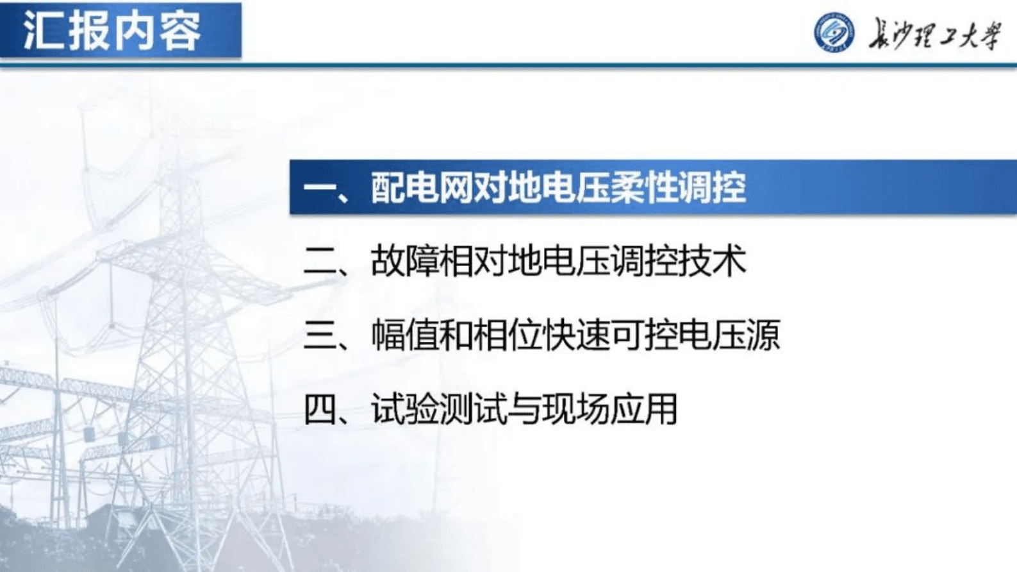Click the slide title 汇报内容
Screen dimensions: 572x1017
click(x=113, y=31)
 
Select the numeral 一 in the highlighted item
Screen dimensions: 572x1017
click(x=320, y=188)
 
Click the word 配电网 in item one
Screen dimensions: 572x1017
click(x=422, y=188)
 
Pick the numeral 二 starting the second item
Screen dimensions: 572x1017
click(x=320, y=262)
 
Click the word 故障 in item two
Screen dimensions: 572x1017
click(x=405, y=262)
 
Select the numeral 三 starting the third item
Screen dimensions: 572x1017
click(x=320, y=335)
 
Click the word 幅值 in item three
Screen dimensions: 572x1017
click(x=405, y=335)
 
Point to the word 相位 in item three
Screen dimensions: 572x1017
click(x=507, y=335)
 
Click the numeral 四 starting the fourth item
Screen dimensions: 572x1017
click(x=320, y=409)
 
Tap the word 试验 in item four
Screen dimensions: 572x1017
click(x=405, y=409)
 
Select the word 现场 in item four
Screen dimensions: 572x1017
click(x=575, y=409)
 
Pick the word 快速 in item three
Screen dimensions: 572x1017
click(x=575, y=335)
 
